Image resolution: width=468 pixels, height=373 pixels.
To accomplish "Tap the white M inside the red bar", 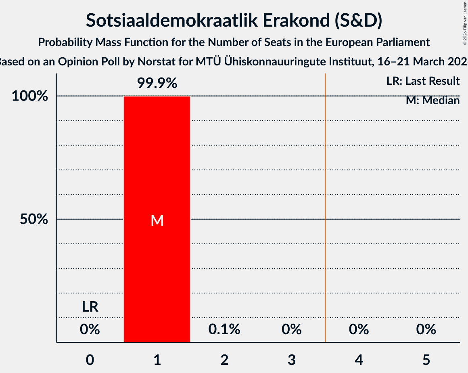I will click(x=157, y=220).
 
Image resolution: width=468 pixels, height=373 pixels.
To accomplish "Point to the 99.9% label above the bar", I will click(x=157, y=83).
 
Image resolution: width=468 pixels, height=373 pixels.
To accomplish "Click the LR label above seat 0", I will click(x=90, y=307).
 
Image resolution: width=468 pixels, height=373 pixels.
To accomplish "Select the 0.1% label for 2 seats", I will click(x=224, y=329).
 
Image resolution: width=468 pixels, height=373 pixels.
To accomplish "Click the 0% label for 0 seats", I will click(x=90, y=329).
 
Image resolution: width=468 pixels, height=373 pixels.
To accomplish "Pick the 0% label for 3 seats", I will click(x=292, y=329).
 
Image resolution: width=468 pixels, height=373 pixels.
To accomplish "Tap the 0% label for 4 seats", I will click(x=359, y=329).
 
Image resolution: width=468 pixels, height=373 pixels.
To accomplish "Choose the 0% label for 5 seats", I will click(x=426, y=329).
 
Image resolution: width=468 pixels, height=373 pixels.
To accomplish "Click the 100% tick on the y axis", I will click(x=31, y=96).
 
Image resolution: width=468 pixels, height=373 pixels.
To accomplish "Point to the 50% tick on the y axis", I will click(x=34, y=220).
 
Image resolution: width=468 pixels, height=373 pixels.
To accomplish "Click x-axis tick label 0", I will click(x=90, y=360).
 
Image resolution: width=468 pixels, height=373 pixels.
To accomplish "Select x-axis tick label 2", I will click(x=224, y=360).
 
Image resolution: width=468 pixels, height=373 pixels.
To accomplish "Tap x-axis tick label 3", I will click(x=292, y=360).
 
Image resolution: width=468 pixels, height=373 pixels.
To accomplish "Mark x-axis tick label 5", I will click(x=426, y=360).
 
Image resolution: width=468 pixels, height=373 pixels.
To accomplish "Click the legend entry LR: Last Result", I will click(x=423, y=81).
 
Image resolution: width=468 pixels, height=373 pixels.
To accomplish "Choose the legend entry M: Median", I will click(x=432, y=101).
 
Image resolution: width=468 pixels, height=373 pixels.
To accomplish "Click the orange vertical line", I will click(x=325, y=202).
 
